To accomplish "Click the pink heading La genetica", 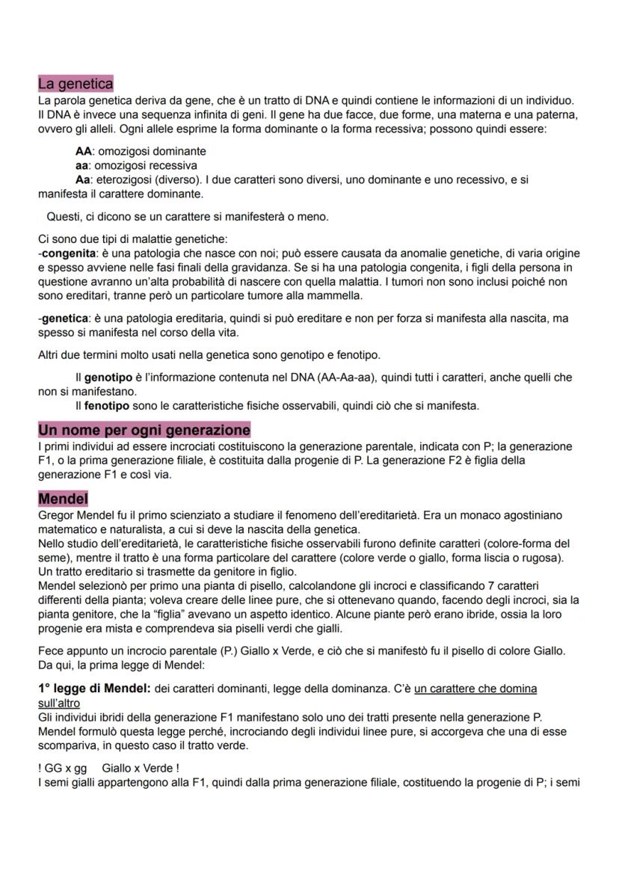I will point(76,84).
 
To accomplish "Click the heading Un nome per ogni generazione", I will point(144,430).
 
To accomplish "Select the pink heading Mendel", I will point(63,497).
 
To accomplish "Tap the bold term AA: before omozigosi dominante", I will point(85,151).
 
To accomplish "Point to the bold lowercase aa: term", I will point(84,165).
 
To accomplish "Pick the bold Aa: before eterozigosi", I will point(85,179).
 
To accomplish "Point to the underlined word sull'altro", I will point(59,703).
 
